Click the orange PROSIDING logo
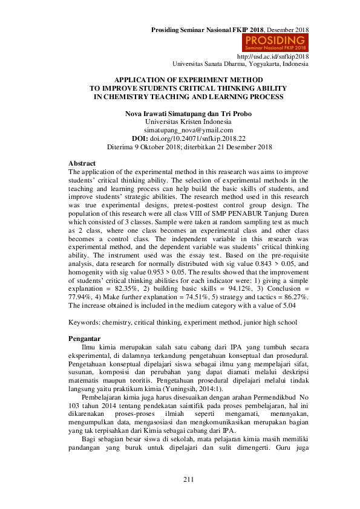coord(275,42)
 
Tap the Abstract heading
coord(82,164)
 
